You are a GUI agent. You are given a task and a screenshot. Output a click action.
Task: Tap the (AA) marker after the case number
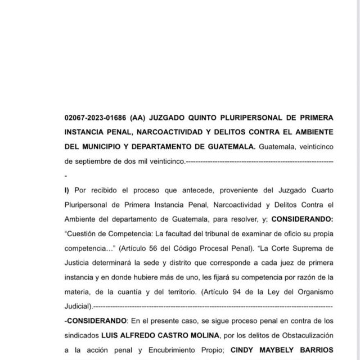click(139, 118)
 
